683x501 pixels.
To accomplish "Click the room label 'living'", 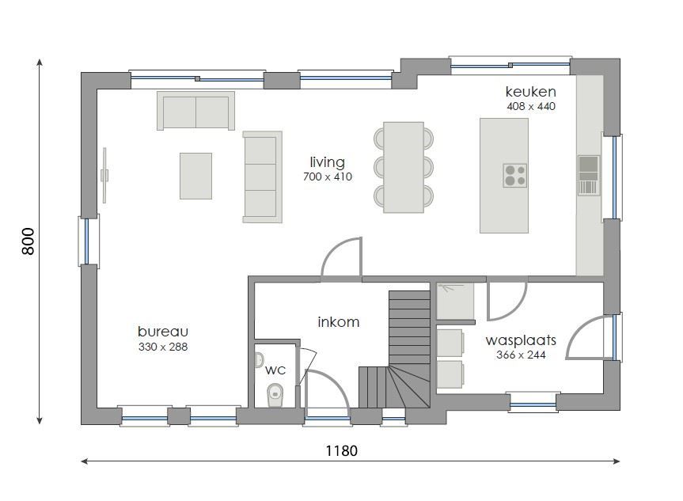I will coord(327,161).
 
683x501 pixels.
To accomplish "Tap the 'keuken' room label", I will coord(530,92).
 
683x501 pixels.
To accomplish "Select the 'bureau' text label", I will coord(162,332).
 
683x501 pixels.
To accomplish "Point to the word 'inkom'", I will coord(338,322).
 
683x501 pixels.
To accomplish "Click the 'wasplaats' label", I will coord(520,340).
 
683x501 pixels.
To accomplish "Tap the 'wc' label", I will coord(275,370).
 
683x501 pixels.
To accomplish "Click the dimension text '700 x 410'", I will coord(327,176).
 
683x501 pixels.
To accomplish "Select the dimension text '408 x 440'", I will coord(530,106).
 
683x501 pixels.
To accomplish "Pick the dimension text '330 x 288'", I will coord(162,347).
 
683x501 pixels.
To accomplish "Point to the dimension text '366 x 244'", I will coord(520,355).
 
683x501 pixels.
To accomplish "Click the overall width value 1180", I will coord(341,450).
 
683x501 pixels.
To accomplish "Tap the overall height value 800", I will coord(28,241).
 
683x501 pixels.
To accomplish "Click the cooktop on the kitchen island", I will coord(514,175).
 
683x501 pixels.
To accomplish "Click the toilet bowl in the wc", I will coord(275,393).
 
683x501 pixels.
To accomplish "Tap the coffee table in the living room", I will coord(195,176).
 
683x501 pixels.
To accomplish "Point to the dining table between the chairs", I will coord(404,167).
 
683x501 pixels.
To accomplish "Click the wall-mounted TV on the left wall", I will coord(104,175).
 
